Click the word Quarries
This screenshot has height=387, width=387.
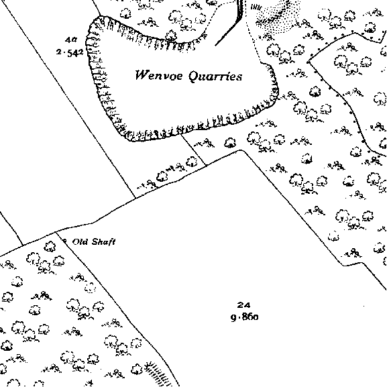point(215,76)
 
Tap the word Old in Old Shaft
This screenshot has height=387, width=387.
point(80,241)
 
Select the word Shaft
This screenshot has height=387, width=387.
point(103,241)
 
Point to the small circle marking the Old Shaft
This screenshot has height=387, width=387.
point(65,240)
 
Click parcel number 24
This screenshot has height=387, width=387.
point(243,305)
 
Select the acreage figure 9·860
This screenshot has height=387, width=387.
point(245,317)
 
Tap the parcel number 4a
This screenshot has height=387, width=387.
point(71,40)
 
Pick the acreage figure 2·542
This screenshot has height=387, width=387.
point(70,52)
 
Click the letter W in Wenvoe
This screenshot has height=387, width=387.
point(141,74)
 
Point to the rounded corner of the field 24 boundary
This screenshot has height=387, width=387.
point(241,150)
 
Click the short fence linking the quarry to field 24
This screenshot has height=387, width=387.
point(194,150)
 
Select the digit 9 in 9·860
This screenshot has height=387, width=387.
point(233,317)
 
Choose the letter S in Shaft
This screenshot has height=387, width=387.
point(95,241)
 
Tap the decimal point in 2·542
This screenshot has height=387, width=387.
point(64,53)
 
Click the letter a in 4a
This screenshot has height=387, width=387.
point(74,40)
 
